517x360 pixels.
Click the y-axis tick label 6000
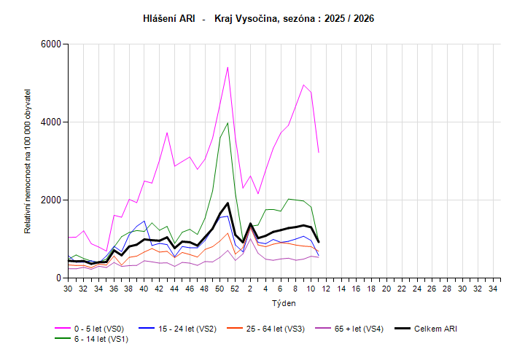(x=50, y=44)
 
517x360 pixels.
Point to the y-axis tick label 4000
(x=50, y=122)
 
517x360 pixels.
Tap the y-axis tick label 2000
(x=50, y=200)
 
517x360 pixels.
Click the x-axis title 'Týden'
(x=284, y=302)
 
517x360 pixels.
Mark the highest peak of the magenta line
(x=228, y=67)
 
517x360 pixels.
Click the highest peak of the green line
(x=228, y=122)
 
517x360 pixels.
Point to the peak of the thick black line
(x=228, y=203)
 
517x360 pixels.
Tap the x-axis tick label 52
(x=235, y=289)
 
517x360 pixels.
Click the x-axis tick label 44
(x=174, y=289)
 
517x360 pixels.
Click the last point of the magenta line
(x=319, y=152)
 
